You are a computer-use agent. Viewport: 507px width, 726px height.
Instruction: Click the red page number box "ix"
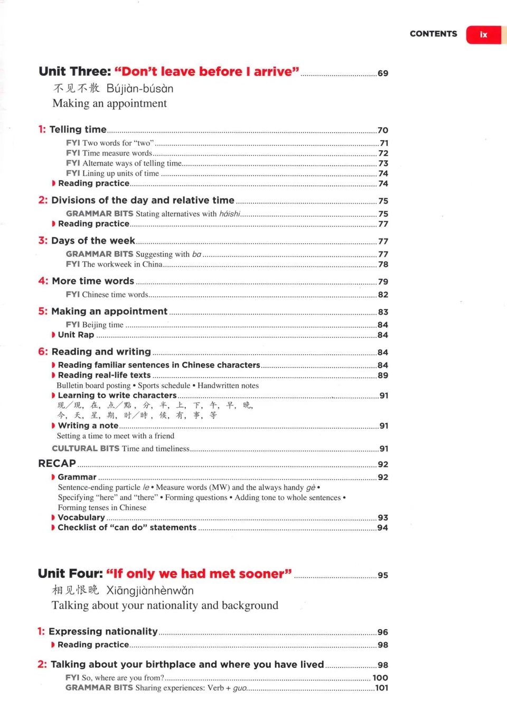483,35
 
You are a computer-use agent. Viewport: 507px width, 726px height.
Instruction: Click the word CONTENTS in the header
433,34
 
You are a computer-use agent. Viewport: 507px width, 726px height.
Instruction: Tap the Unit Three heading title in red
206,71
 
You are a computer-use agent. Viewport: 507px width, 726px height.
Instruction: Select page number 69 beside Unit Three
383,73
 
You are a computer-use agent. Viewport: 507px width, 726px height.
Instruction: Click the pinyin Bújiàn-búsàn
140,88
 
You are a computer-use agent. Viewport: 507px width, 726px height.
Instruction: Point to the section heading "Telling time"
78,130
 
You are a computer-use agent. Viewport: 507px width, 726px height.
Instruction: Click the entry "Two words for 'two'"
118,143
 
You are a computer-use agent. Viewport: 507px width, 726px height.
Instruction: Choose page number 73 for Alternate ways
383,163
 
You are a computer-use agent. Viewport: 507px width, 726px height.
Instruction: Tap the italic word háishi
230,214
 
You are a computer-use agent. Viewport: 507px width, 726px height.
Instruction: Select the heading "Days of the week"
93,241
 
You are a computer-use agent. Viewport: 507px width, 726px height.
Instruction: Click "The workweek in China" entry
122,264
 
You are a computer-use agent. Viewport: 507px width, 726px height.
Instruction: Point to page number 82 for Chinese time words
383,295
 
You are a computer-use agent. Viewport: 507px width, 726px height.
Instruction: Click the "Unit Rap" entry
76,335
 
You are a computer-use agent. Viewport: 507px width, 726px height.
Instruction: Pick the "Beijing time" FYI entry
102,325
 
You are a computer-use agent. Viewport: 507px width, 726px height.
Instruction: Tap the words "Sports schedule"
164,385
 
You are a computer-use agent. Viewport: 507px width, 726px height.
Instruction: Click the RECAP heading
57,463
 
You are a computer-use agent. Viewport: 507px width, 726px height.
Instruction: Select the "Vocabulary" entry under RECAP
81,517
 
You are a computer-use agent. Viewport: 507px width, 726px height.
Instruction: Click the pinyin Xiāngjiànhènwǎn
150,590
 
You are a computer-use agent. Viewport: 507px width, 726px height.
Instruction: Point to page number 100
380,677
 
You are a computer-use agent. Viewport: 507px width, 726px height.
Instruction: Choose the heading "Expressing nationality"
103,631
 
